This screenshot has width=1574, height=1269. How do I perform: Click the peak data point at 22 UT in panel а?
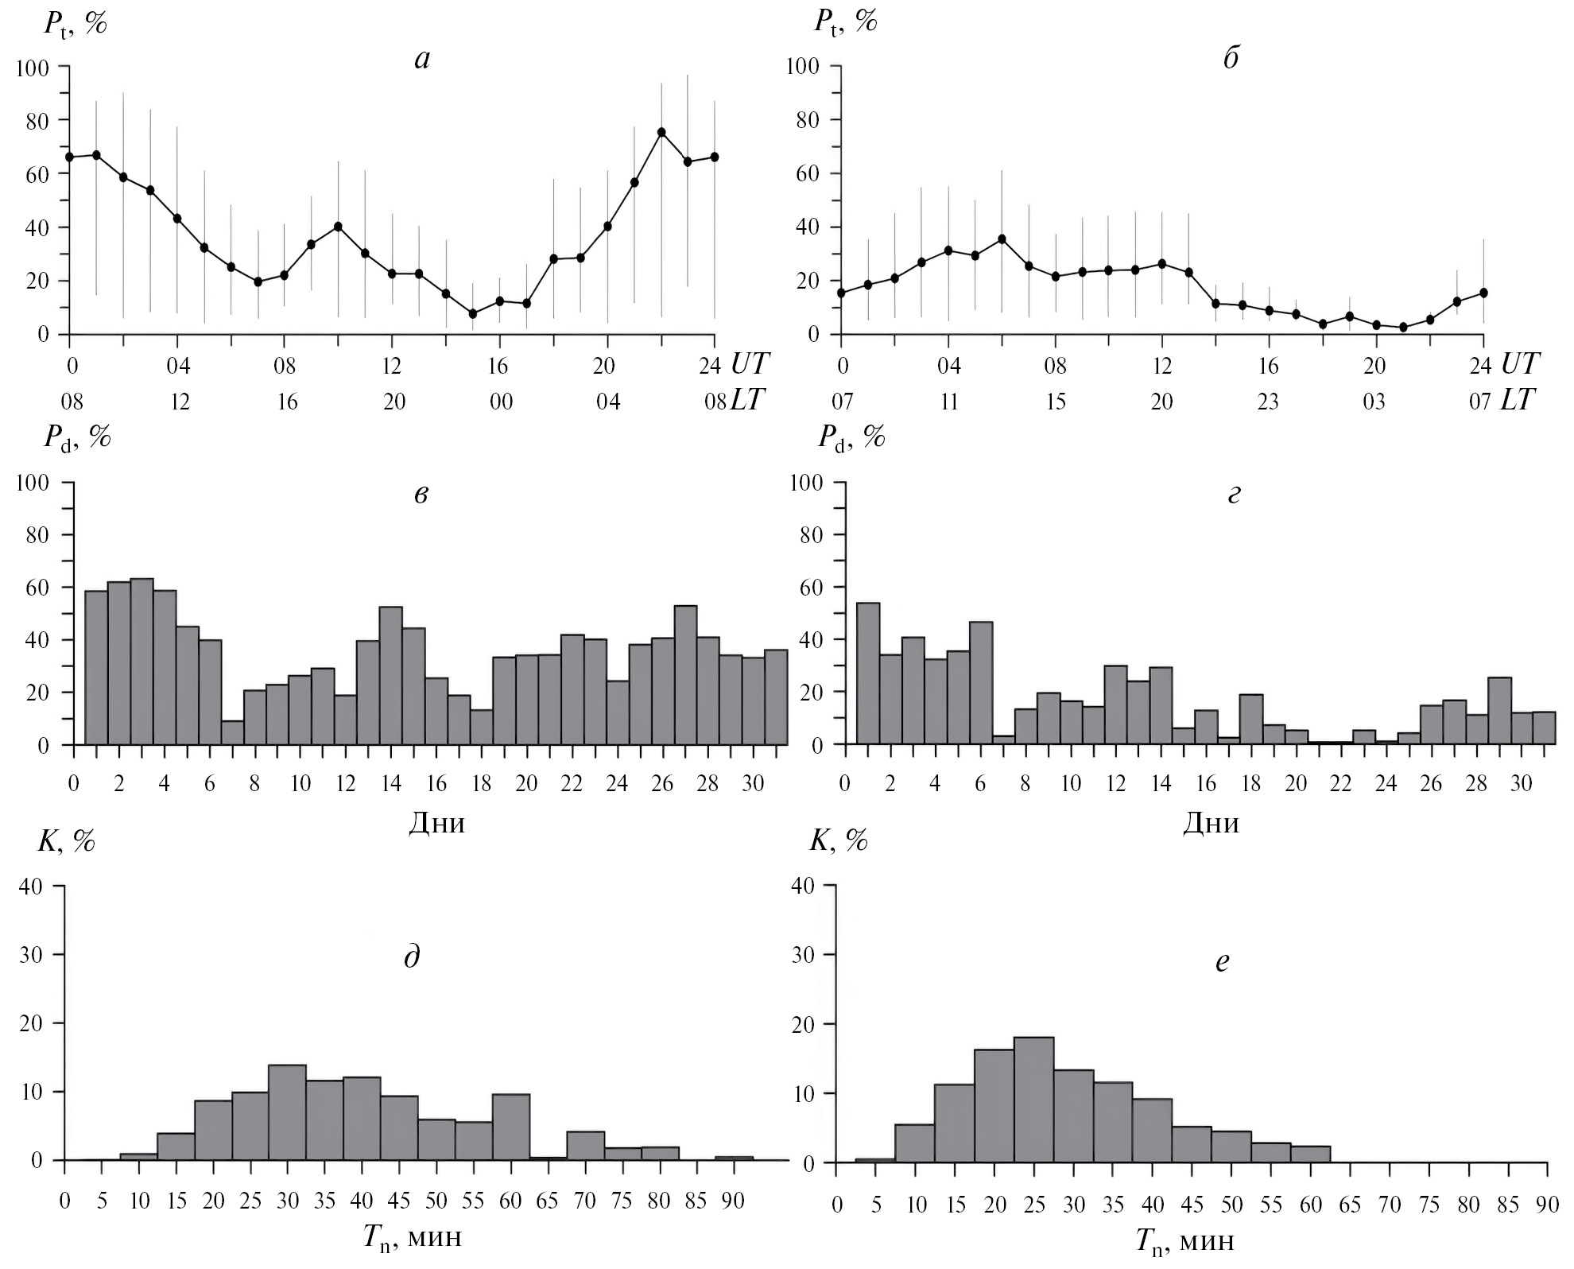coord(661,132)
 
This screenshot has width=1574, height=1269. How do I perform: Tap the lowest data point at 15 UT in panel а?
coord(473,313)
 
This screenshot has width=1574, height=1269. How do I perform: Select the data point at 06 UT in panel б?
coord(1002,239)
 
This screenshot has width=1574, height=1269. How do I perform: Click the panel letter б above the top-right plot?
coord(1231,60)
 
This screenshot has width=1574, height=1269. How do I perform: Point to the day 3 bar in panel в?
coord(142,662)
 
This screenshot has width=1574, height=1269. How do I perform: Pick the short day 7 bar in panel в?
coord(233,732)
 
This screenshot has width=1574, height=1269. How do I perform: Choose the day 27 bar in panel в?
coord(685,675)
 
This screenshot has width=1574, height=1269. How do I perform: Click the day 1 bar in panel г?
coord(868,673)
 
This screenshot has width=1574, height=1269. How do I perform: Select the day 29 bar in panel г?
coord(1499,710)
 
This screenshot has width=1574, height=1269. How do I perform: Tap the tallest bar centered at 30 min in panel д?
coord(288,1111)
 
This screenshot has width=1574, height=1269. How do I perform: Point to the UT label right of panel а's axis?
coord(749,365)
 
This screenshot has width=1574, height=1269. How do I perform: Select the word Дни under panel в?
coord(436,823)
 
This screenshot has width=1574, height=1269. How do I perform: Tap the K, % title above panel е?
coord(839,840)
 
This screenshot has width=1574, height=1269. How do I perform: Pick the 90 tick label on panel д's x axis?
coord(732,1201)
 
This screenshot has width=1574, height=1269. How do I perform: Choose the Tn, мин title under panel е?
coord(1184,1242)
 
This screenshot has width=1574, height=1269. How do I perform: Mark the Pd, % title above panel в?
coord(76,437)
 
